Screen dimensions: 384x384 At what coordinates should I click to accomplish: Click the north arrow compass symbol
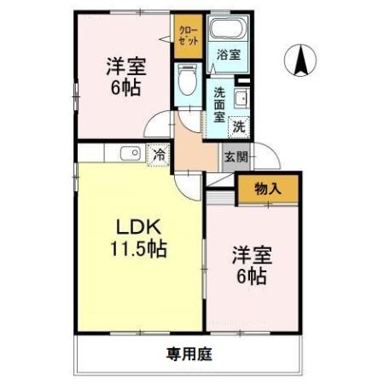click(x=300, y=61)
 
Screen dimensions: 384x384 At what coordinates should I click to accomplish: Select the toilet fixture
click(x=188, y=79)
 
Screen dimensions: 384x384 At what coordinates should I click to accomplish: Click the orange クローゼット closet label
click(x=189, y=37)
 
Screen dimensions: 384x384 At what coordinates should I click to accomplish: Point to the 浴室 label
click(x=229, y=55)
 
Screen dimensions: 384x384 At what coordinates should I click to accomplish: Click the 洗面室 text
click(x=219, y=105)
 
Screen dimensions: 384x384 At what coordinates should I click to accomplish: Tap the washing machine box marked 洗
click(x=239, y=127)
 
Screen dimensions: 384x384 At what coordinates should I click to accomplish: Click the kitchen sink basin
click(x=131, y=154)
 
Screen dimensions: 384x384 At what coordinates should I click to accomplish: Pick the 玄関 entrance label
click(x=236, y=157)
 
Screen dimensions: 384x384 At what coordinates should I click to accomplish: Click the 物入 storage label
click(x=268, y=189)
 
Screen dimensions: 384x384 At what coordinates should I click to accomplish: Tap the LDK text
click(x=139, y=226)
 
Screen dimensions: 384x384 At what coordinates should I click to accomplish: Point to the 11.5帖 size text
click(x=138, y=248)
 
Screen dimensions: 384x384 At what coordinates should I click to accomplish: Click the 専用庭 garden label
click(x=189, y=354)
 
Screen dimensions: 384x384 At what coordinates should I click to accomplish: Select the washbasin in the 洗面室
click(x=242, y=98)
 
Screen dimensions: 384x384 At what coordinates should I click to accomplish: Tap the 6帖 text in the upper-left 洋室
click(x=125, y=88)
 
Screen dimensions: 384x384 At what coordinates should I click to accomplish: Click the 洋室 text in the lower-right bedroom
click(x=252, y=255)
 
